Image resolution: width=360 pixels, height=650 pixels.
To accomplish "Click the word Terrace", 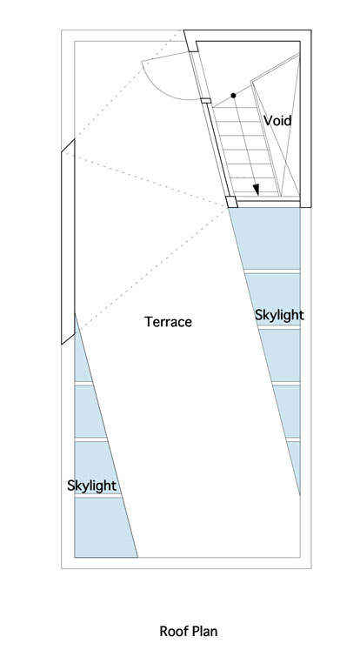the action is pos(168,322).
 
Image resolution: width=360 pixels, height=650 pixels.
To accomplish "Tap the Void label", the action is pos(277,121).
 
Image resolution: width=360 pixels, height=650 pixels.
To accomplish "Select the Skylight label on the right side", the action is pos(279,315).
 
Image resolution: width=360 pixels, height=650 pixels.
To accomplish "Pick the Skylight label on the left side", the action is pos(91,486).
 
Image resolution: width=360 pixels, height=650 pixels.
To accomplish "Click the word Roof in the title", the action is pos(171,632).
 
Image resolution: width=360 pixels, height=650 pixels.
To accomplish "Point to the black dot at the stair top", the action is pos(233,96).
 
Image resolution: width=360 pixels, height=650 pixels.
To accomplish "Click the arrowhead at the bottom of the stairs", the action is pos(256,190).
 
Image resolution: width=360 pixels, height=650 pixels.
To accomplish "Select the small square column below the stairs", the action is pos(231,202).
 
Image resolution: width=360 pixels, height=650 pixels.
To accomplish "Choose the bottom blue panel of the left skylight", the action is pos(104,527).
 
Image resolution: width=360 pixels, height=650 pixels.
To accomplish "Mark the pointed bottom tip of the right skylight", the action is pos(299,495).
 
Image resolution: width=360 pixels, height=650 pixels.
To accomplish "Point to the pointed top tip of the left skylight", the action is pos(75,314).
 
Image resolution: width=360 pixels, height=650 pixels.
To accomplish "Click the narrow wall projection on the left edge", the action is pos(69,242).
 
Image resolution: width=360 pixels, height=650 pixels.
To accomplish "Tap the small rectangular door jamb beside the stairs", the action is pos(206,101).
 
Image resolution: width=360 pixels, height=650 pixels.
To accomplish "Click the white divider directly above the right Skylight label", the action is pos(272,271).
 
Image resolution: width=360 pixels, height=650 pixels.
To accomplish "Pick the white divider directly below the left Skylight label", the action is pos(97,495).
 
